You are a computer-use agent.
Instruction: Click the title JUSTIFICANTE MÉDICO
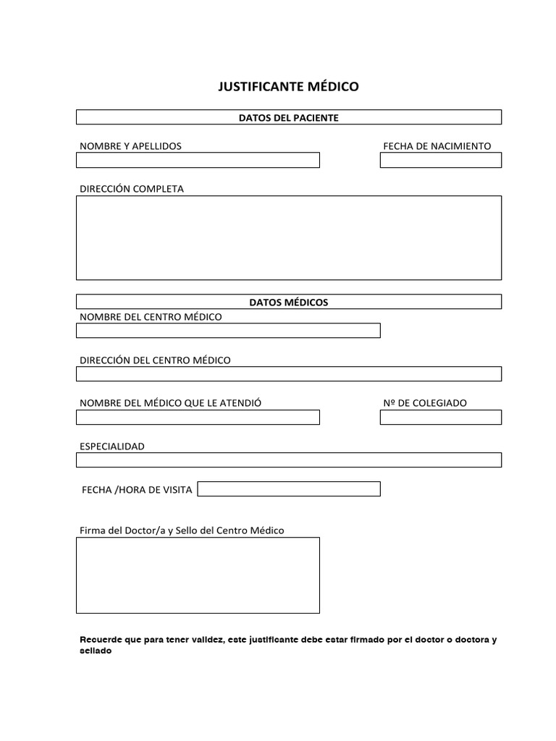288,87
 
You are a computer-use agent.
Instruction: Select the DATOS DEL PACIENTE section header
288,117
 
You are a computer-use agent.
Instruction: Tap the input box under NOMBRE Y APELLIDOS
198,160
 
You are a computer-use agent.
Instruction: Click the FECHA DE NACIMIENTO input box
440,160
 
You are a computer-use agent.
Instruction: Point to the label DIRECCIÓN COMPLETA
132,189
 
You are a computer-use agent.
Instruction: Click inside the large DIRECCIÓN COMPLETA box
288,237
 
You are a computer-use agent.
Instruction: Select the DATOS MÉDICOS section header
288,302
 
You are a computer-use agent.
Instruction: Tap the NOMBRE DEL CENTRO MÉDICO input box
228,331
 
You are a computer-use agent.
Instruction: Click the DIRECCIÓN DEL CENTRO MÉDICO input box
288,374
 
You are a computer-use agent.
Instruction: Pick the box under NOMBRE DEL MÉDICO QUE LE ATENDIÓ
198,418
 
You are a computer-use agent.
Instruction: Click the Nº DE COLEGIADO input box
440,418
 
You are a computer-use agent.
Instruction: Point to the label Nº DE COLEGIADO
425,403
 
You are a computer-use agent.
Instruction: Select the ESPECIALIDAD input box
288,460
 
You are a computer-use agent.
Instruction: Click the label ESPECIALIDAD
112,446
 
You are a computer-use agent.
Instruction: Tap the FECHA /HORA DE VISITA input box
289,489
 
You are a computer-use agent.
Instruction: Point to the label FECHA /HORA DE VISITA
137,490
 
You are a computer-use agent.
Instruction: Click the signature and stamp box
198,575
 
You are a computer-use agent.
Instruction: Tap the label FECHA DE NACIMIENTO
437,146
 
